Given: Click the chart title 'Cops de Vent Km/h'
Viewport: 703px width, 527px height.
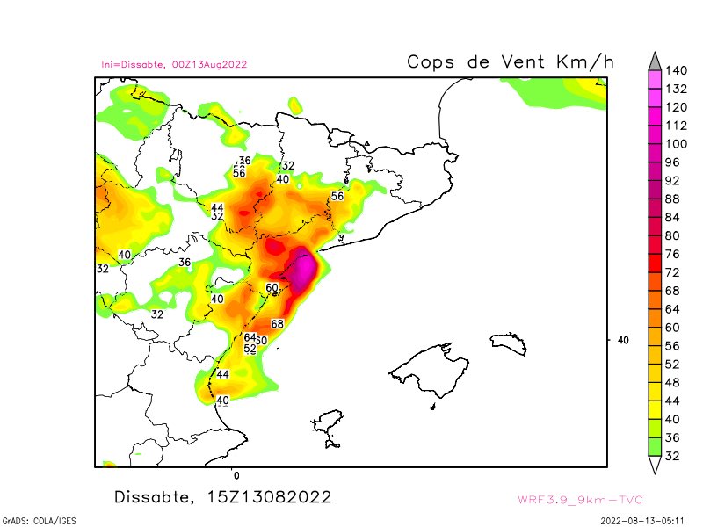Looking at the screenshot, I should click(x=510, y=62).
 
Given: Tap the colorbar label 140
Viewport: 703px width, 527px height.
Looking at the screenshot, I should click(x=676, y=70).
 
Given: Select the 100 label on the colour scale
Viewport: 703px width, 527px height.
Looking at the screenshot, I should click(x=676, y=144).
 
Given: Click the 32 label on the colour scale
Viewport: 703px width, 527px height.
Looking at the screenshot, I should click(x=672, y=456).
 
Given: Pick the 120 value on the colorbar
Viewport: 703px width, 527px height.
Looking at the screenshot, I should click(x=676, y=107).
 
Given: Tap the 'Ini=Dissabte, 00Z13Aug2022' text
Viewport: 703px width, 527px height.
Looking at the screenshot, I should click(x=174, y=64).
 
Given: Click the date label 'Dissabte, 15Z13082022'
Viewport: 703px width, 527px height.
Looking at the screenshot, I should click(x=223, y=497).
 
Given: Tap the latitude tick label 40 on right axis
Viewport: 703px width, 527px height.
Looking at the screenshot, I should click(x=623, y=340).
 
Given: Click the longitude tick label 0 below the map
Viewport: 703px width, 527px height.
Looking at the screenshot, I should click(x=236, y=475).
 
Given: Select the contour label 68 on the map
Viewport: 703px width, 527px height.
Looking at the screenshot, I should click(x=278, y=324).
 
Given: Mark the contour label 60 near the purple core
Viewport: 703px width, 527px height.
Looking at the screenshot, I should click(x=272, y=287).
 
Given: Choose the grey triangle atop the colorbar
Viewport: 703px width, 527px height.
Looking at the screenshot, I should click(x=654, y=60).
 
